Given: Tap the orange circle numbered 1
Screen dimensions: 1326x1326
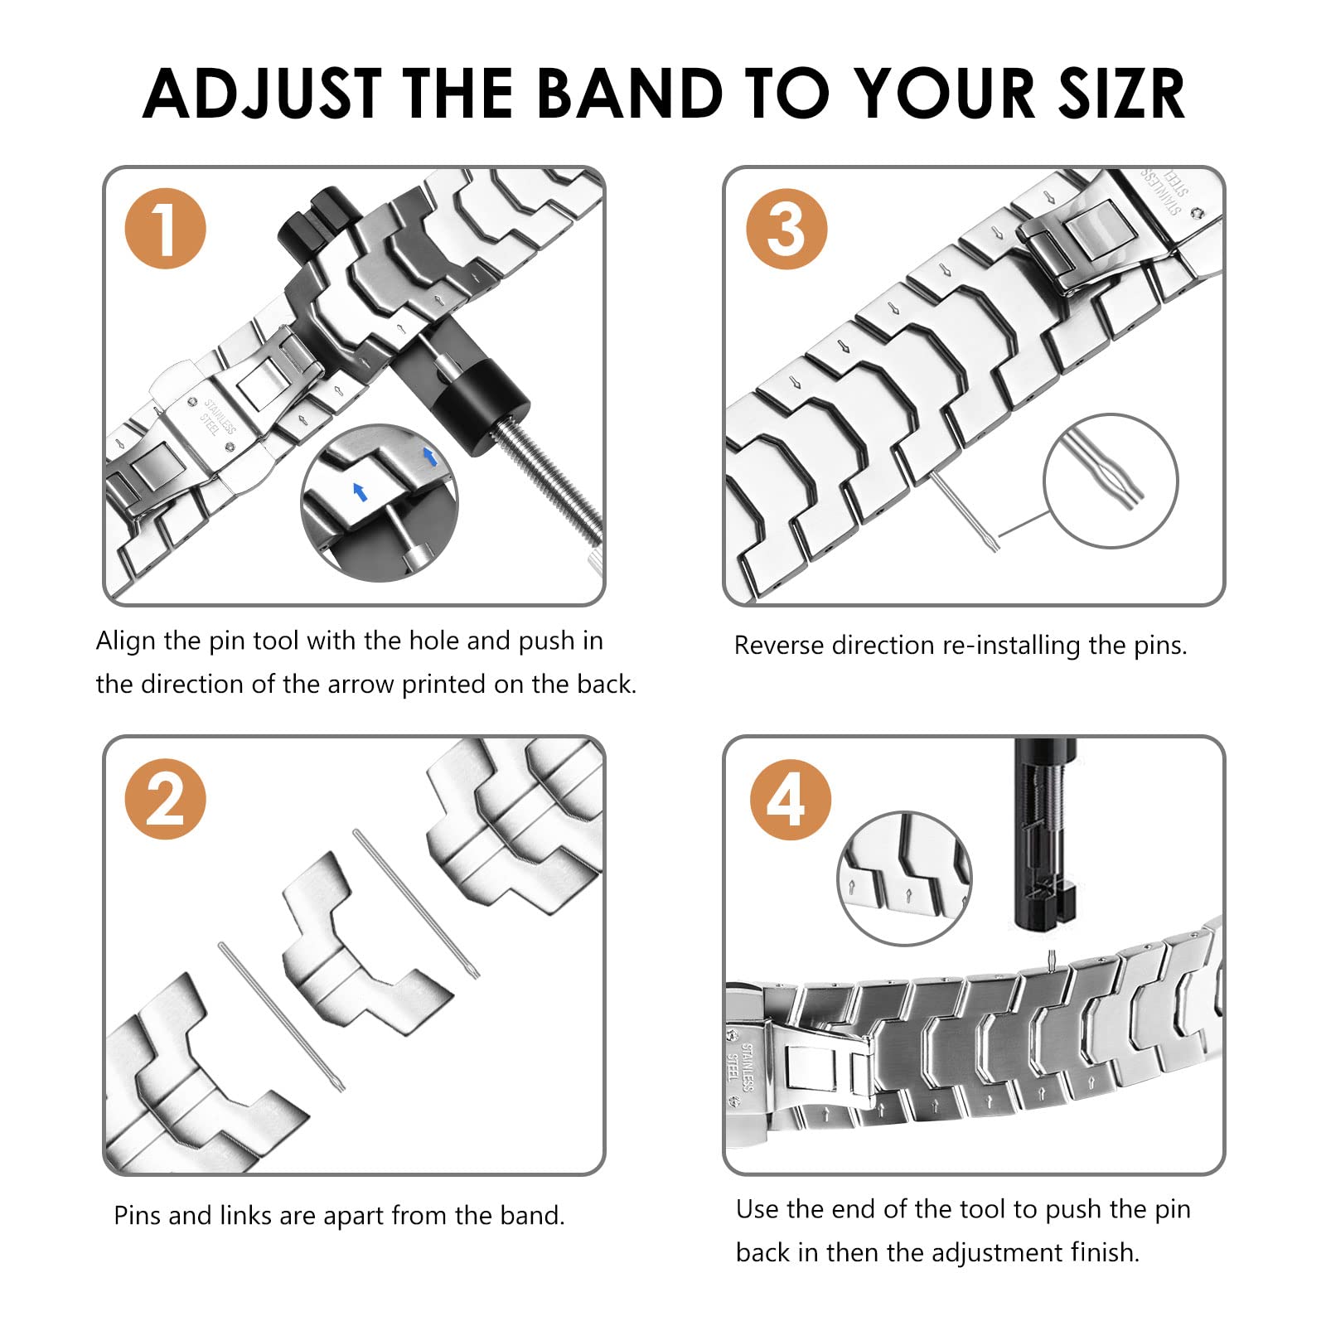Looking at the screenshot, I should coord(165,229).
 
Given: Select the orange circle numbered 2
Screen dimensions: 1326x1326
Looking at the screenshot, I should coord(165,799).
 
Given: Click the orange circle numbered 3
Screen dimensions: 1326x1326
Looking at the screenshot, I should coord(786,229).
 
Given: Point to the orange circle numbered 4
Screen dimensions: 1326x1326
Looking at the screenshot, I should coord(789,800).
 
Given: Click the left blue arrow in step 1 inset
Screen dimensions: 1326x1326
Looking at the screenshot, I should coord(360,491).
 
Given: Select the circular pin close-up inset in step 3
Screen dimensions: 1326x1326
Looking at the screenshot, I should coord(1111,481).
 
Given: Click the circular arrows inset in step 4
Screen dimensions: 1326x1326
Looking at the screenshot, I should coord(905,878).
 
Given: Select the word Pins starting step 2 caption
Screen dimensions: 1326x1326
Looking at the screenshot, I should coord(137,1216).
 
